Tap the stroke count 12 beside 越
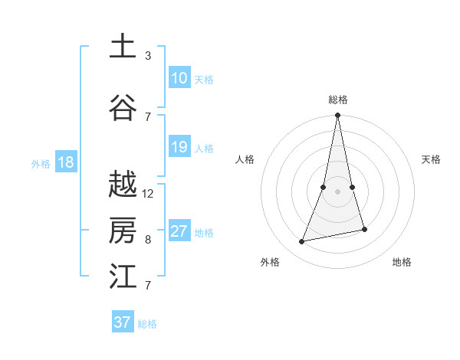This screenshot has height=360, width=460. (148, 194)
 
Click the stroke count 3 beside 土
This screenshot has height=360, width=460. (148, 56)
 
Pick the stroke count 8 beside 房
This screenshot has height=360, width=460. (148, 240)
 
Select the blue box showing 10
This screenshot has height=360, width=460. (179, 78)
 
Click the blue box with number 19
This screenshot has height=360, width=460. (179, 147)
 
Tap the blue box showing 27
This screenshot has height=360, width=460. (179, 231)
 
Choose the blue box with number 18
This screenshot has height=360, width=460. (65, 162)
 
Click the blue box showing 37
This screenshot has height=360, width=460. (123, 322)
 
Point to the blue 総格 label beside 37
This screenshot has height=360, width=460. (147, 324)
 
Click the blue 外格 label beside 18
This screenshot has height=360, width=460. (41, 163)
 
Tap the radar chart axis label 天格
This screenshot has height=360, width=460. (432, 159)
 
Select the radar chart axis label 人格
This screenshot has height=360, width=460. (245, 159)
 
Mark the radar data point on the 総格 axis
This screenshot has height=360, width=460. (337, 115)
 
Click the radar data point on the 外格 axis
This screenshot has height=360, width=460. (302, 242)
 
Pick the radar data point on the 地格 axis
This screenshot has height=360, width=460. (364, 229)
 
